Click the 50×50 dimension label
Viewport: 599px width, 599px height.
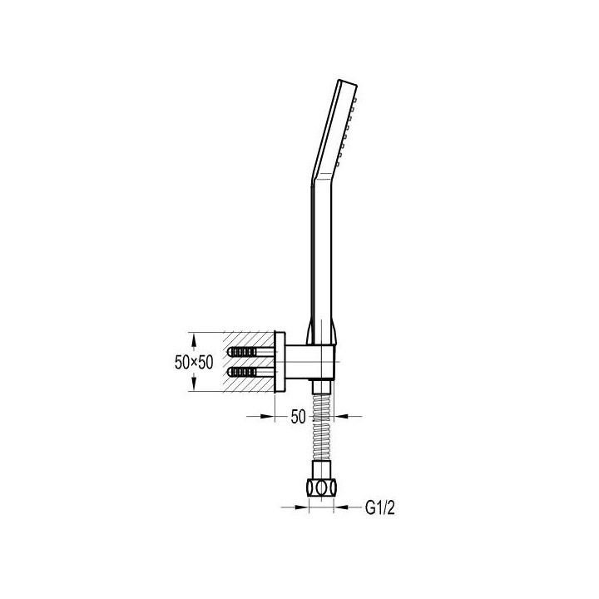point(194,362)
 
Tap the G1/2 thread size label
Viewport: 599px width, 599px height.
point(379,507)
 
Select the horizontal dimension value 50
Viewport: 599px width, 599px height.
point(299,417)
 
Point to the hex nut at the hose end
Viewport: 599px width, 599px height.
point(322,488)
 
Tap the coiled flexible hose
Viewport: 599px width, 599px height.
point(322,427)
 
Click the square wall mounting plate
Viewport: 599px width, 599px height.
point(280,362)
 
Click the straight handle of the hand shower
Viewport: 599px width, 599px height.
point(322,260)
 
